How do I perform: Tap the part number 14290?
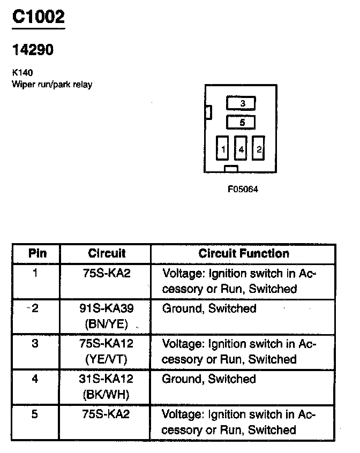coord(32,50)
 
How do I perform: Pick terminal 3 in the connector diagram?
coord(242,103)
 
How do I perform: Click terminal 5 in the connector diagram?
coord(242,123)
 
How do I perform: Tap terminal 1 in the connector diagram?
coord(223,149)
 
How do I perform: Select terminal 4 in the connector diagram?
coord(241,149)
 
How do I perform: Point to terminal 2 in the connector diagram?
coord(259,149)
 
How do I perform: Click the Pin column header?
coord(36,253)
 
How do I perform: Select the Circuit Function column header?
coord(243,253)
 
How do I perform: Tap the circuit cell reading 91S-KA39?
coord(106,309)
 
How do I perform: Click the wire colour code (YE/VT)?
coord(106,358)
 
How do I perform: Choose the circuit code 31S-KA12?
coord(106,380)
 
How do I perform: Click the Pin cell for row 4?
coord(35,380)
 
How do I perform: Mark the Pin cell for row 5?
coord(35,415)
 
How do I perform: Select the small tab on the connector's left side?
coord(208,112)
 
